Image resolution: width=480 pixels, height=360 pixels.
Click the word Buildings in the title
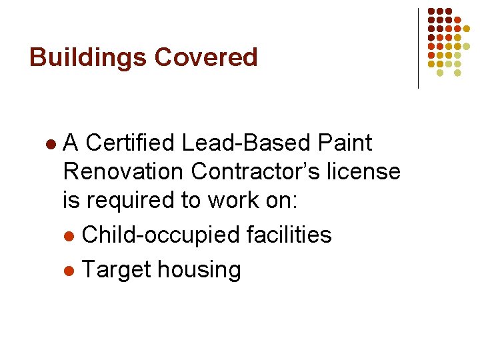(89, 57)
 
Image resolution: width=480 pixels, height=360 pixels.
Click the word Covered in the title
(206, 57)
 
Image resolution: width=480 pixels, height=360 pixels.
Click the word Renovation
(124, 171)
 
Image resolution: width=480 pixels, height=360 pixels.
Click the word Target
(115, 269)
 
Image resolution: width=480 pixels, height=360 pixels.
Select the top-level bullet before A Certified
(51, 145)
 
